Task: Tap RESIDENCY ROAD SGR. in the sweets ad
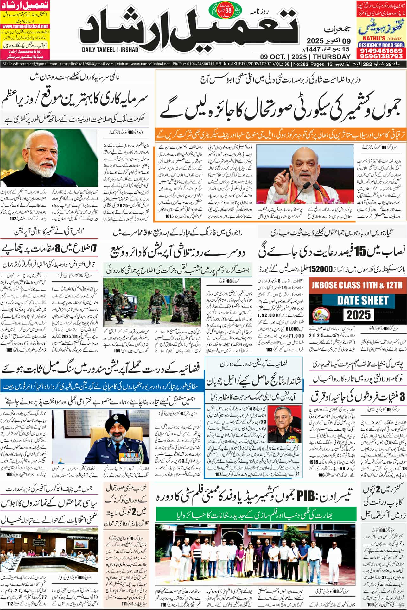click(381, 45)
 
